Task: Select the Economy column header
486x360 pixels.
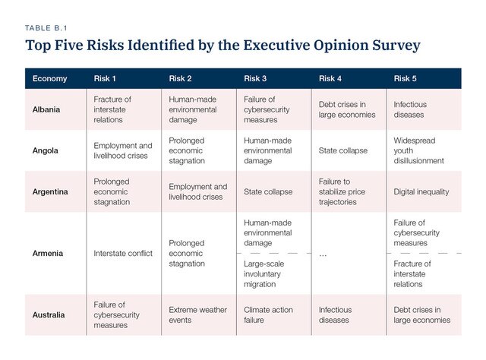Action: pyautogui.click(x=49, y=78)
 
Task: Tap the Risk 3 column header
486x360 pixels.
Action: pyautogui.click(x=256, y=78)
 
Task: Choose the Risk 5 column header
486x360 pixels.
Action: pyautogui.click(x=406, y=78)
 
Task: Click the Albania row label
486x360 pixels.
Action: pyautogui.click(x=47, y=109)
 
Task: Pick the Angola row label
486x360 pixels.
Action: pyautogui.click(x=46, y=150)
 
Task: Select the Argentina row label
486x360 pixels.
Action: pyautogui.click(x=50, y=192)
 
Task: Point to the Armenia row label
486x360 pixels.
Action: pyautogui.click(x=48, y=253)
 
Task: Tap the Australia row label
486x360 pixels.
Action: pyautogui.click(x=49, y=314)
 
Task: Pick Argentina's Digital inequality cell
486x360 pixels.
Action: pyautogui.click(x=421, y=192)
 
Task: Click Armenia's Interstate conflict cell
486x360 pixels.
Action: pyautogui.click(x=122, y=253)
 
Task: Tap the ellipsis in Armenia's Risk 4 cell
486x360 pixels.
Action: pyautogui.click(x=323, y=254)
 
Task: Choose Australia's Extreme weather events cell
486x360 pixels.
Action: pyautogui.click(x=197, y=314)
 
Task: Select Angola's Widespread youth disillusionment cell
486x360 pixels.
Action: pyautogui.click(x=418, y=150)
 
